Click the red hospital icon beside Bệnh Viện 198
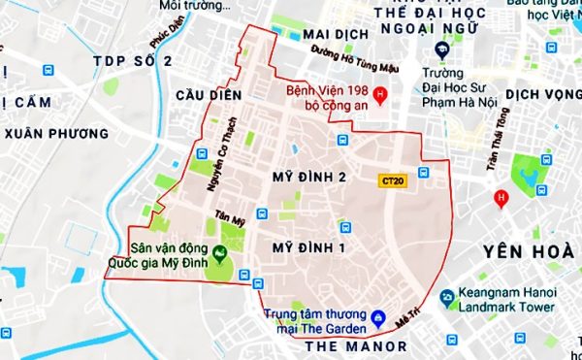[380, 95]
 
